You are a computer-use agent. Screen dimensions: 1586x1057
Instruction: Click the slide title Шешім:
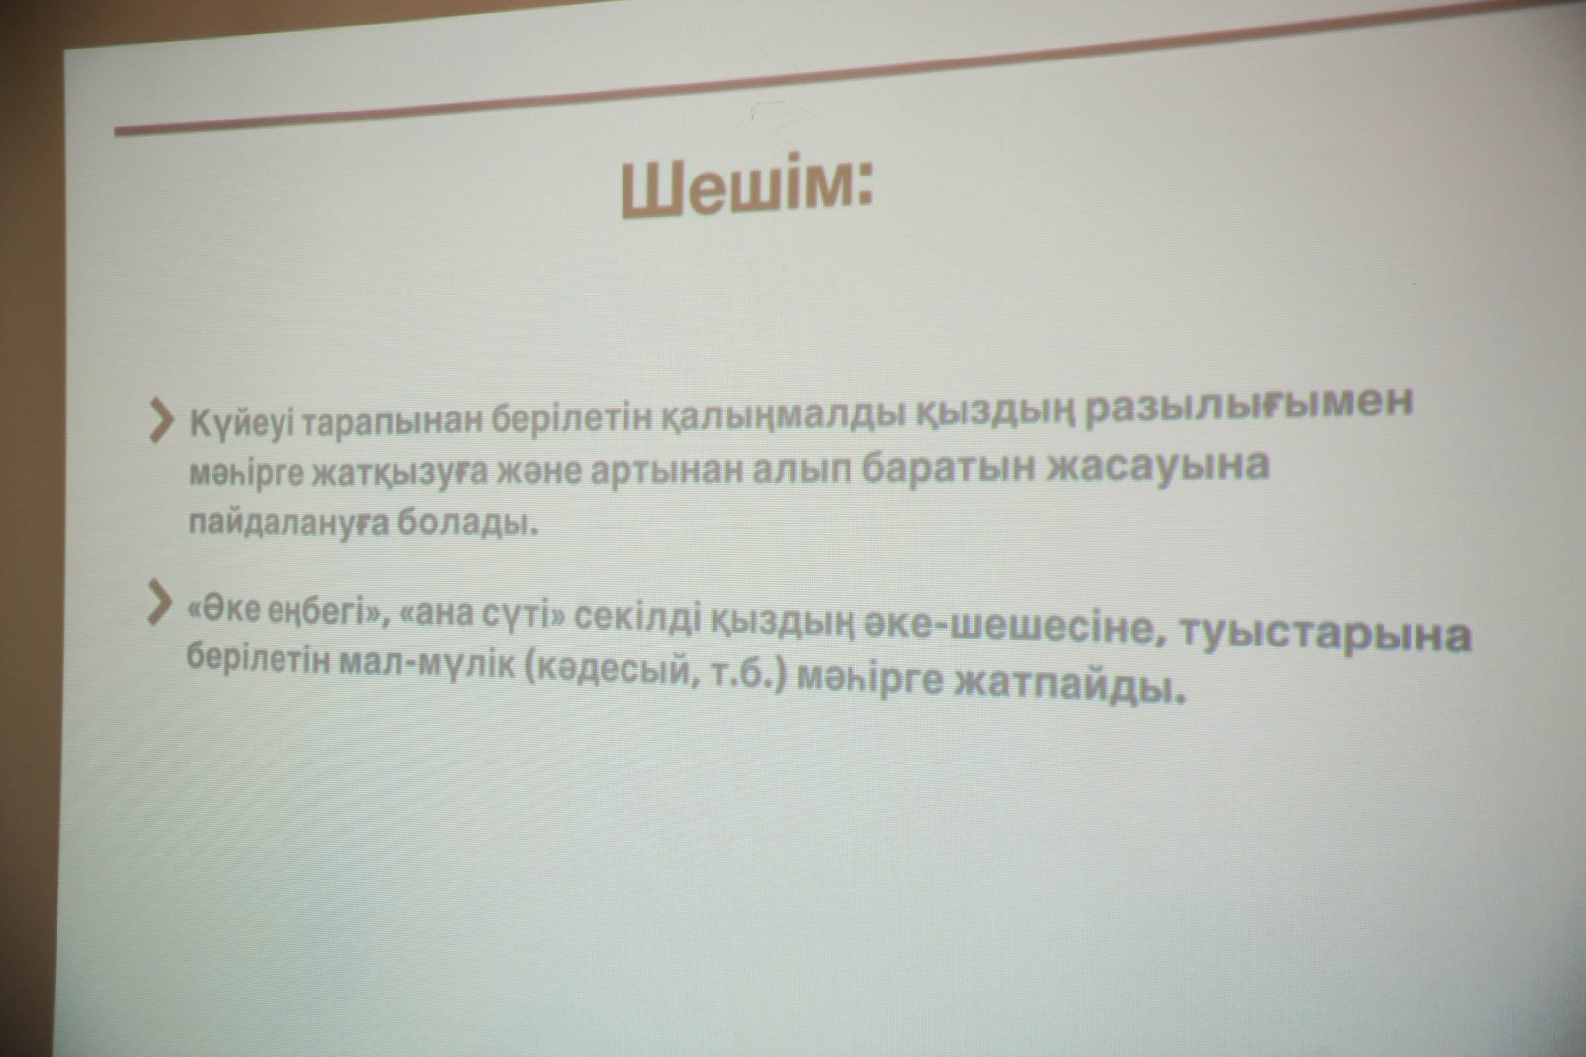coord(747,185)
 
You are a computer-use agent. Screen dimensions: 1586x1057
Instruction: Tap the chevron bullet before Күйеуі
coord(162,420)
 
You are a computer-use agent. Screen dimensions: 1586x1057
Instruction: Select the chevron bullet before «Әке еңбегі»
coord(160,602)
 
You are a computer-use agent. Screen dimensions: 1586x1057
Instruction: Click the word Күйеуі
coord(241,424)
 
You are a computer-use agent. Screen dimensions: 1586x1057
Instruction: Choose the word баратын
coord(948,468)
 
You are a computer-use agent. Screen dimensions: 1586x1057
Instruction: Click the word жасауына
coord(1158,466)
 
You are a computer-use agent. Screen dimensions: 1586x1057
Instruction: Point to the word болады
coord(467,523)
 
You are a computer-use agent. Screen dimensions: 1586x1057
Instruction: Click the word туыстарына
coord(1325,634)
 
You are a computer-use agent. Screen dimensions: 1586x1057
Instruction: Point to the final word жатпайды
coord(1070,684)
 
